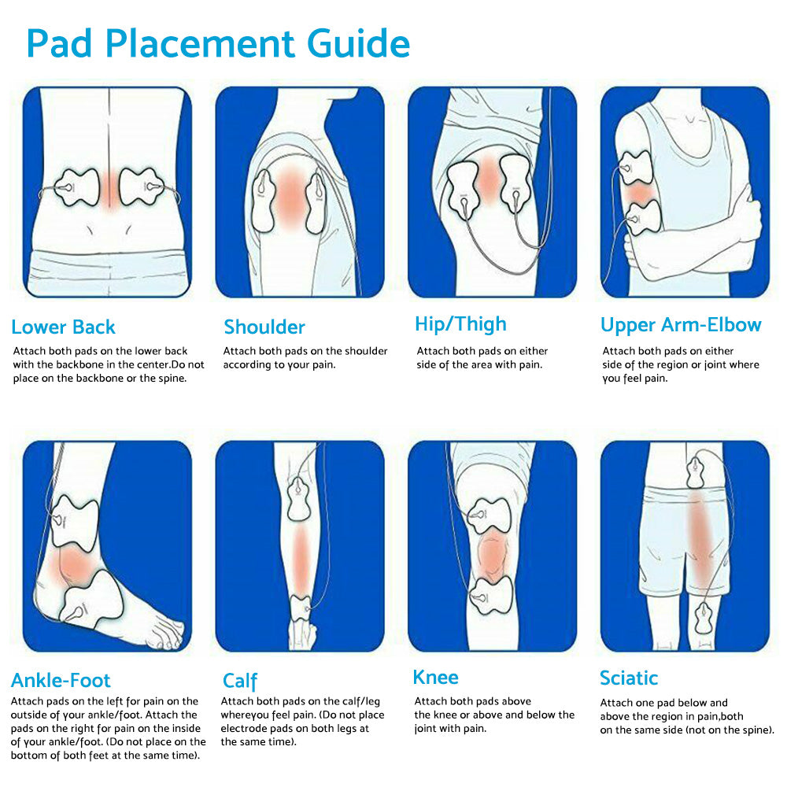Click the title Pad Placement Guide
click(218, 44)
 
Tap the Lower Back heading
click(63, 327)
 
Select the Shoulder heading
click(264, 327)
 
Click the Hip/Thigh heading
click(460, 324)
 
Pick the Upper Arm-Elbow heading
click(681, 325)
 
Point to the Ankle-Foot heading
click(61, 680)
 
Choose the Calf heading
click(240, 681)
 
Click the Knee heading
click(435, 678)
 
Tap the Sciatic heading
click(629, 678)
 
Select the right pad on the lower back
click(142, 187)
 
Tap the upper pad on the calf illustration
click(302, 497)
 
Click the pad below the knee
click(490, 599)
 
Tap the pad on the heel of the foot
click(91, 603)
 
